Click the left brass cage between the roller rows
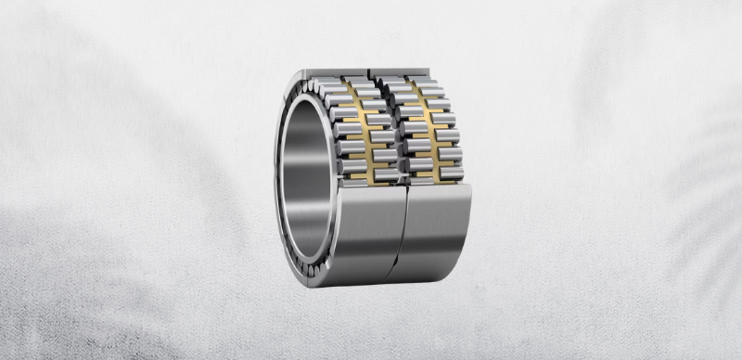click(357, 130)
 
